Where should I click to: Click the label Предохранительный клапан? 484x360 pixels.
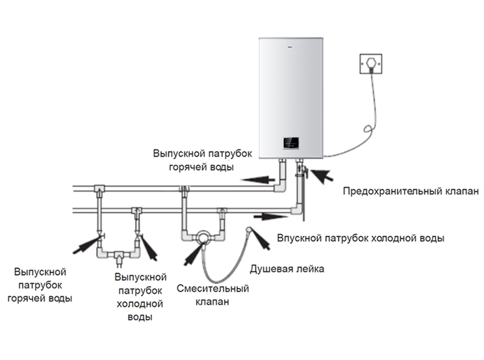(411, 192)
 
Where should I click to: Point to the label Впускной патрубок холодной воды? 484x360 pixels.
(361, 238)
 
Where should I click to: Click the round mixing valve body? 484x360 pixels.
(204, 238)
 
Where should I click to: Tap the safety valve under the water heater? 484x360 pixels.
(301, 172)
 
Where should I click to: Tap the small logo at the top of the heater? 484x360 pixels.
(290, 46)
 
